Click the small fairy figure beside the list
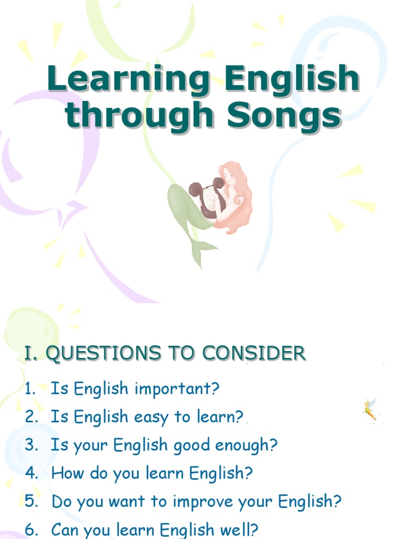coord(370,410)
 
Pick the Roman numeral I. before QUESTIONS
coord(32,353)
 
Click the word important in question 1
coord(177,390)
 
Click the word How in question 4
coord(65,473)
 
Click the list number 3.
coord(32,446)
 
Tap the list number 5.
coord(32,502)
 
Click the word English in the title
coord(292,79)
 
